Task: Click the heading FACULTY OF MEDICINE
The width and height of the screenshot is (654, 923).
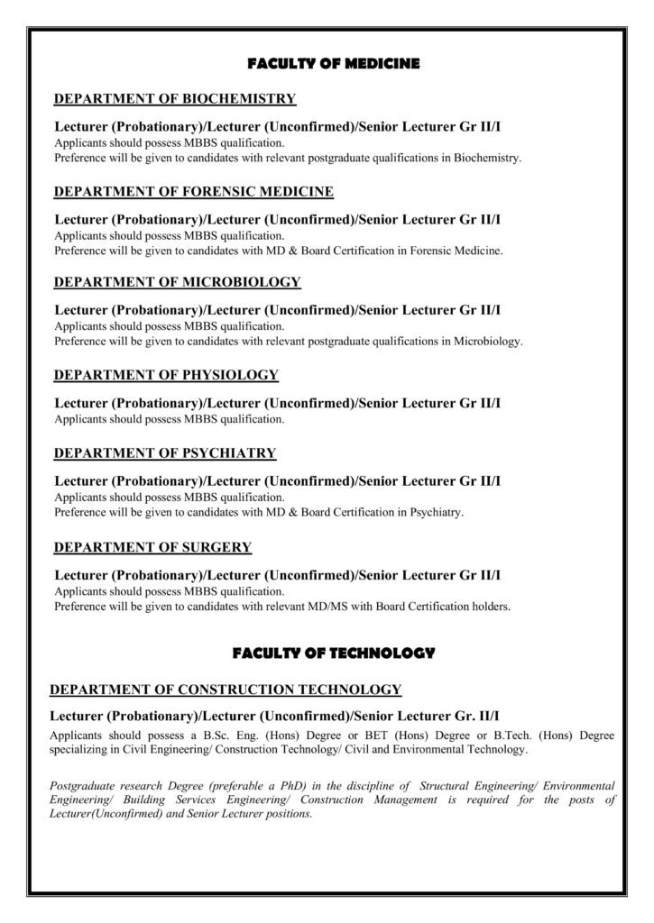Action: click(x=333, y=64)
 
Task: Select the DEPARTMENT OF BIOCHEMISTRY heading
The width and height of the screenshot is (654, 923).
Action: click(x=175, y=98)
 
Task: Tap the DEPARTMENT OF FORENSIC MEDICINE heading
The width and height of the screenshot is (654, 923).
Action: click(x=194, y=191)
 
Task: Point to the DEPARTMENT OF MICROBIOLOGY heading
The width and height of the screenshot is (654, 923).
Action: click(x=178, y=282)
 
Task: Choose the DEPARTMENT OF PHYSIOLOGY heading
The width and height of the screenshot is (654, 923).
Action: click(x=167, y=374)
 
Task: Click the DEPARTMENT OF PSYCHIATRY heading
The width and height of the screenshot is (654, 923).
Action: click(x=165, y=452)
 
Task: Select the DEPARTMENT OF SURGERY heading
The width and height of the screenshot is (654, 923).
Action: click(x=153, y=546)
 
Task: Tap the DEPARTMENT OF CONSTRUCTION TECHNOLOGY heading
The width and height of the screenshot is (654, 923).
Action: click(x=226, y=690)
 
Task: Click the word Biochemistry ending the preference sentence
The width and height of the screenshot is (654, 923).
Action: click(x=487, y=158)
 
